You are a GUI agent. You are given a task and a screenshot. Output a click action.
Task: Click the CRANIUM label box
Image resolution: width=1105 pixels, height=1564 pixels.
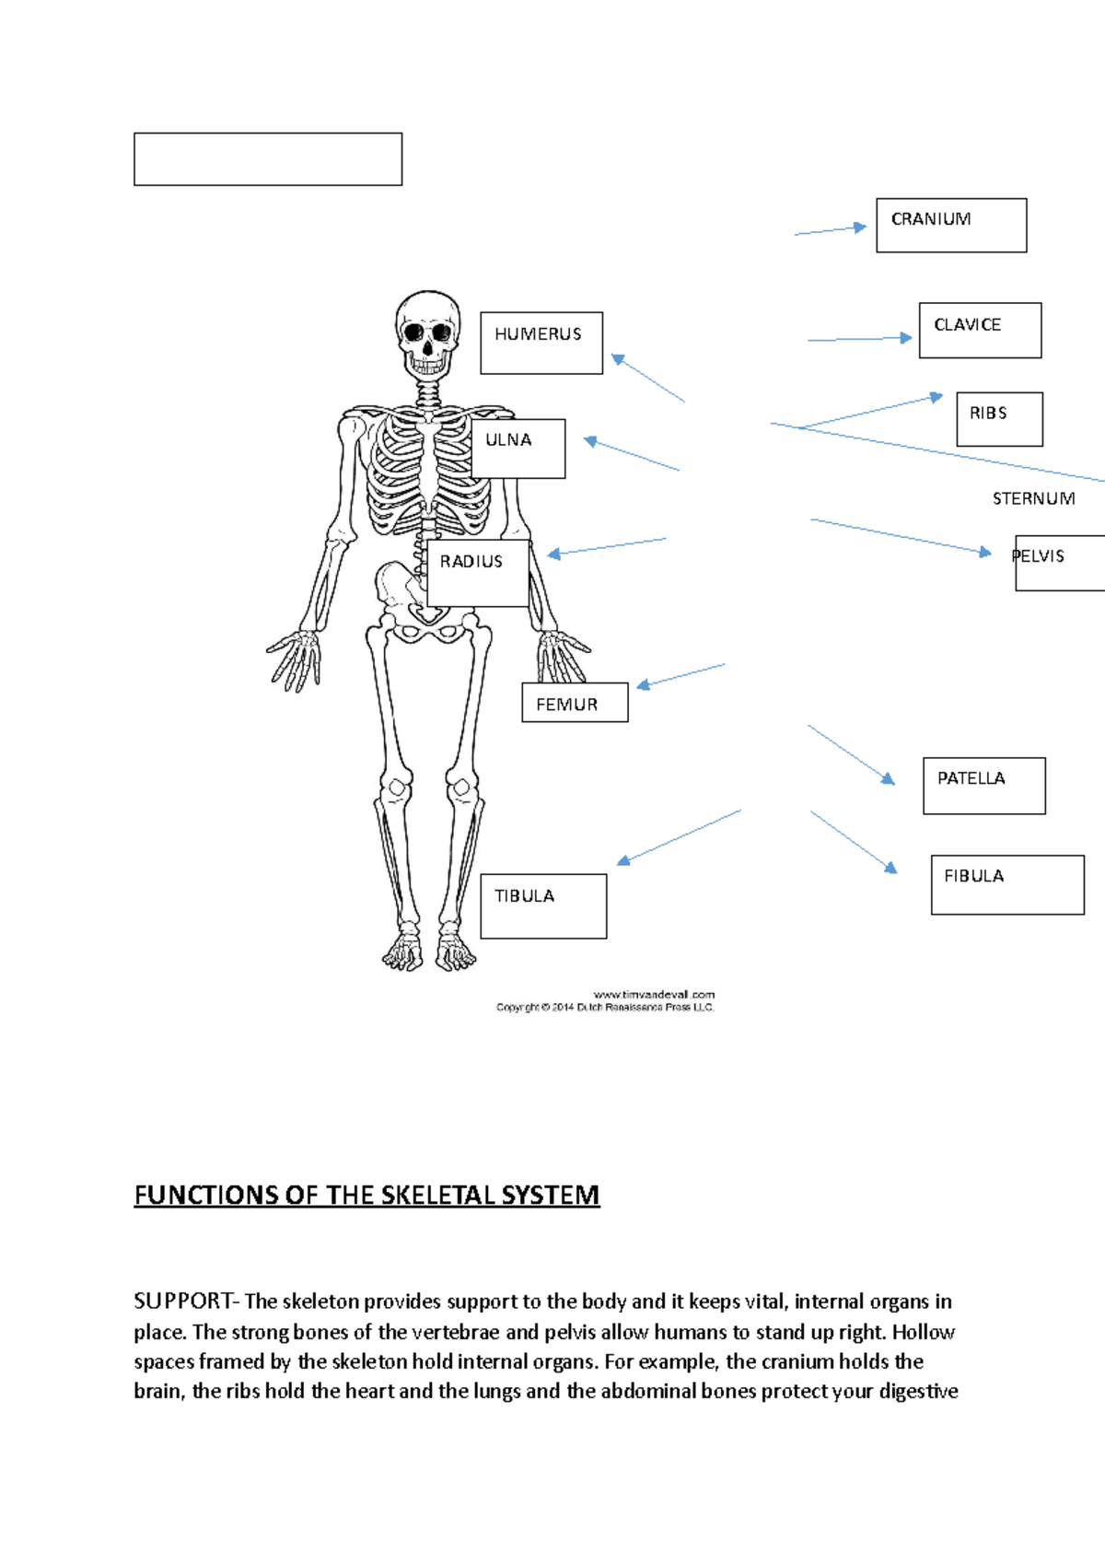[951, 225]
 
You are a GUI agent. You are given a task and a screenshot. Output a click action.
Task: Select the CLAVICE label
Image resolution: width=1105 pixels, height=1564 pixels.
[980, 330]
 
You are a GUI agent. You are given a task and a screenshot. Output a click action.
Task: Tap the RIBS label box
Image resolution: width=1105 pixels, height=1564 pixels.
[999, 419]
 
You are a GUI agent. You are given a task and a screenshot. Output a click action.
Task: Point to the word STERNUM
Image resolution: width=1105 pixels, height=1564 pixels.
[1033, 498]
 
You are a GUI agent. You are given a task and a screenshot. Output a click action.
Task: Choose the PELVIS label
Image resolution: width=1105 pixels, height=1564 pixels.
[1059, 562]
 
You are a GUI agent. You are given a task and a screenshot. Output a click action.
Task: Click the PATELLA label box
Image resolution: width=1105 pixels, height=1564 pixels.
[983, 786]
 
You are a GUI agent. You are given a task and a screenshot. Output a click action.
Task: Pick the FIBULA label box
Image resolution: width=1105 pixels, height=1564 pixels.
[1007, 884]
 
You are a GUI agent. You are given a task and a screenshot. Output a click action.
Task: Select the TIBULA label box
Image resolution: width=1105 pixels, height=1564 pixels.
[543, 906]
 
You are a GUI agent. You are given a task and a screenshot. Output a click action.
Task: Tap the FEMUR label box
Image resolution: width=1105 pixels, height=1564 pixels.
[575, 703]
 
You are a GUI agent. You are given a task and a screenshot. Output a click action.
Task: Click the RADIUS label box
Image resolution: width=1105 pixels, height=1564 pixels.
[478, 573]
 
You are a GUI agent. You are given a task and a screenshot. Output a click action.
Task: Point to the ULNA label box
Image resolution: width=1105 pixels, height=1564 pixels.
[518, 449]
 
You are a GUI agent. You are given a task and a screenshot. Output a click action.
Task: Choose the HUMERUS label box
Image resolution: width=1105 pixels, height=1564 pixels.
[541, 343]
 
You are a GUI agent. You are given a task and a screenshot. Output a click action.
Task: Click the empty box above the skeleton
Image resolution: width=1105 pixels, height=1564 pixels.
[268, 159]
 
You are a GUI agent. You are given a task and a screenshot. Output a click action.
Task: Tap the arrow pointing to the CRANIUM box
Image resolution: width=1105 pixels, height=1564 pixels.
[831, 230]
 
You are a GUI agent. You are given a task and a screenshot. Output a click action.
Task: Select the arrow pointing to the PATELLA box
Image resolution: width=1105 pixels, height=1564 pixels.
[852, 755]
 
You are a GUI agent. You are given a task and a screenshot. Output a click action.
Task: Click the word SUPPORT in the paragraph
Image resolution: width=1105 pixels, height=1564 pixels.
[183, 1301]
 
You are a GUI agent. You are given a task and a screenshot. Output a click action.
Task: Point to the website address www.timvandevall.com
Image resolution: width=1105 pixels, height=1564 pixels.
[654, 995]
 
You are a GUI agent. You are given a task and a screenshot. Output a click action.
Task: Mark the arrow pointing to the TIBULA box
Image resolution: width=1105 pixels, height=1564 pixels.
[679, 837]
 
